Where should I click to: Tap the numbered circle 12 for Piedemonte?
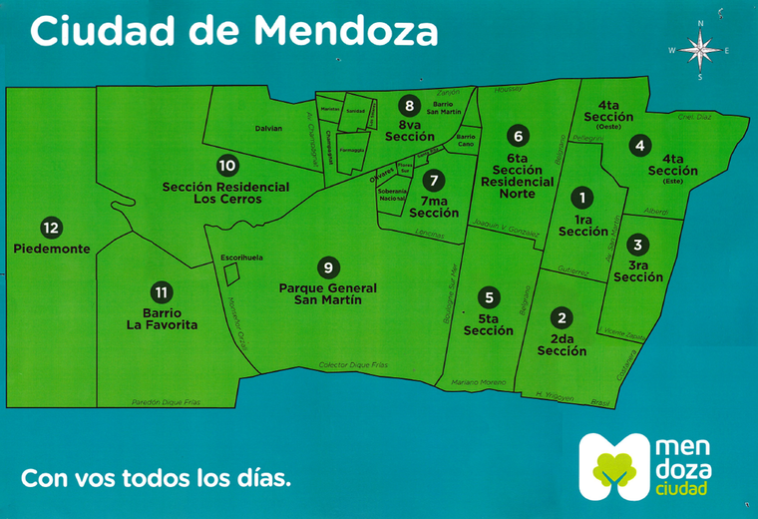click(52, 227)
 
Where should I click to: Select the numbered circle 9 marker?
click(327, 266)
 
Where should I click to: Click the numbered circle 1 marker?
click(582, 199)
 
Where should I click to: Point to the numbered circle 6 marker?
click(517, 135)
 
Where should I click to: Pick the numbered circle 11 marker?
click(162, 292)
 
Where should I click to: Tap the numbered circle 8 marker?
click(409, 104)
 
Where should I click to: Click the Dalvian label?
click(269, 128)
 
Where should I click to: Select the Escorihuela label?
click(242, 258)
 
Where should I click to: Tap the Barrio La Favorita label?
click(163, 318)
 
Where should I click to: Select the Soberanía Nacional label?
click(391, 194)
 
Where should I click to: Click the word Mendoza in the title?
click(345, 30)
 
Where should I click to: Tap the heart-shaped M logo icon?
click(611, 466)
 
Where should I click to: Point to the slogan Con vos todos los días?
click(157, 476)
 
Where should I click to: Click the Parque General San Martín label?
click(327, 293)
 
